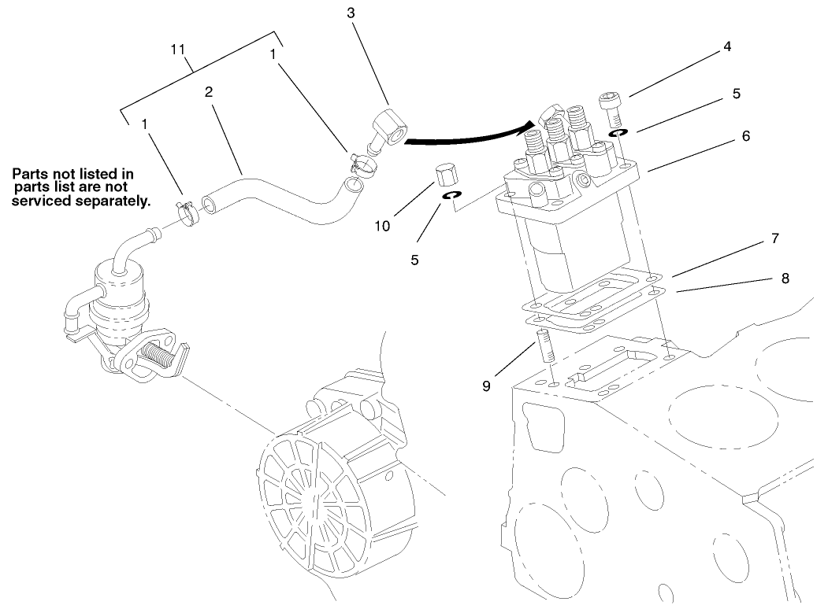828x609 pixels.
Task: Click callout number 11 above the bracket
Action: (x=178, y=49)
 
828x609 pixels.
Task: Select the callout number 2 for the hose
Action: (x=209, y=91)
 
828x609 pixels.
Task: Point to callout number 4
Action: (x=726, y=46)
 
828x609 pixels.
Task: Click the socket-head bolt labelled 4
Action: (x=611, y=105)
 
